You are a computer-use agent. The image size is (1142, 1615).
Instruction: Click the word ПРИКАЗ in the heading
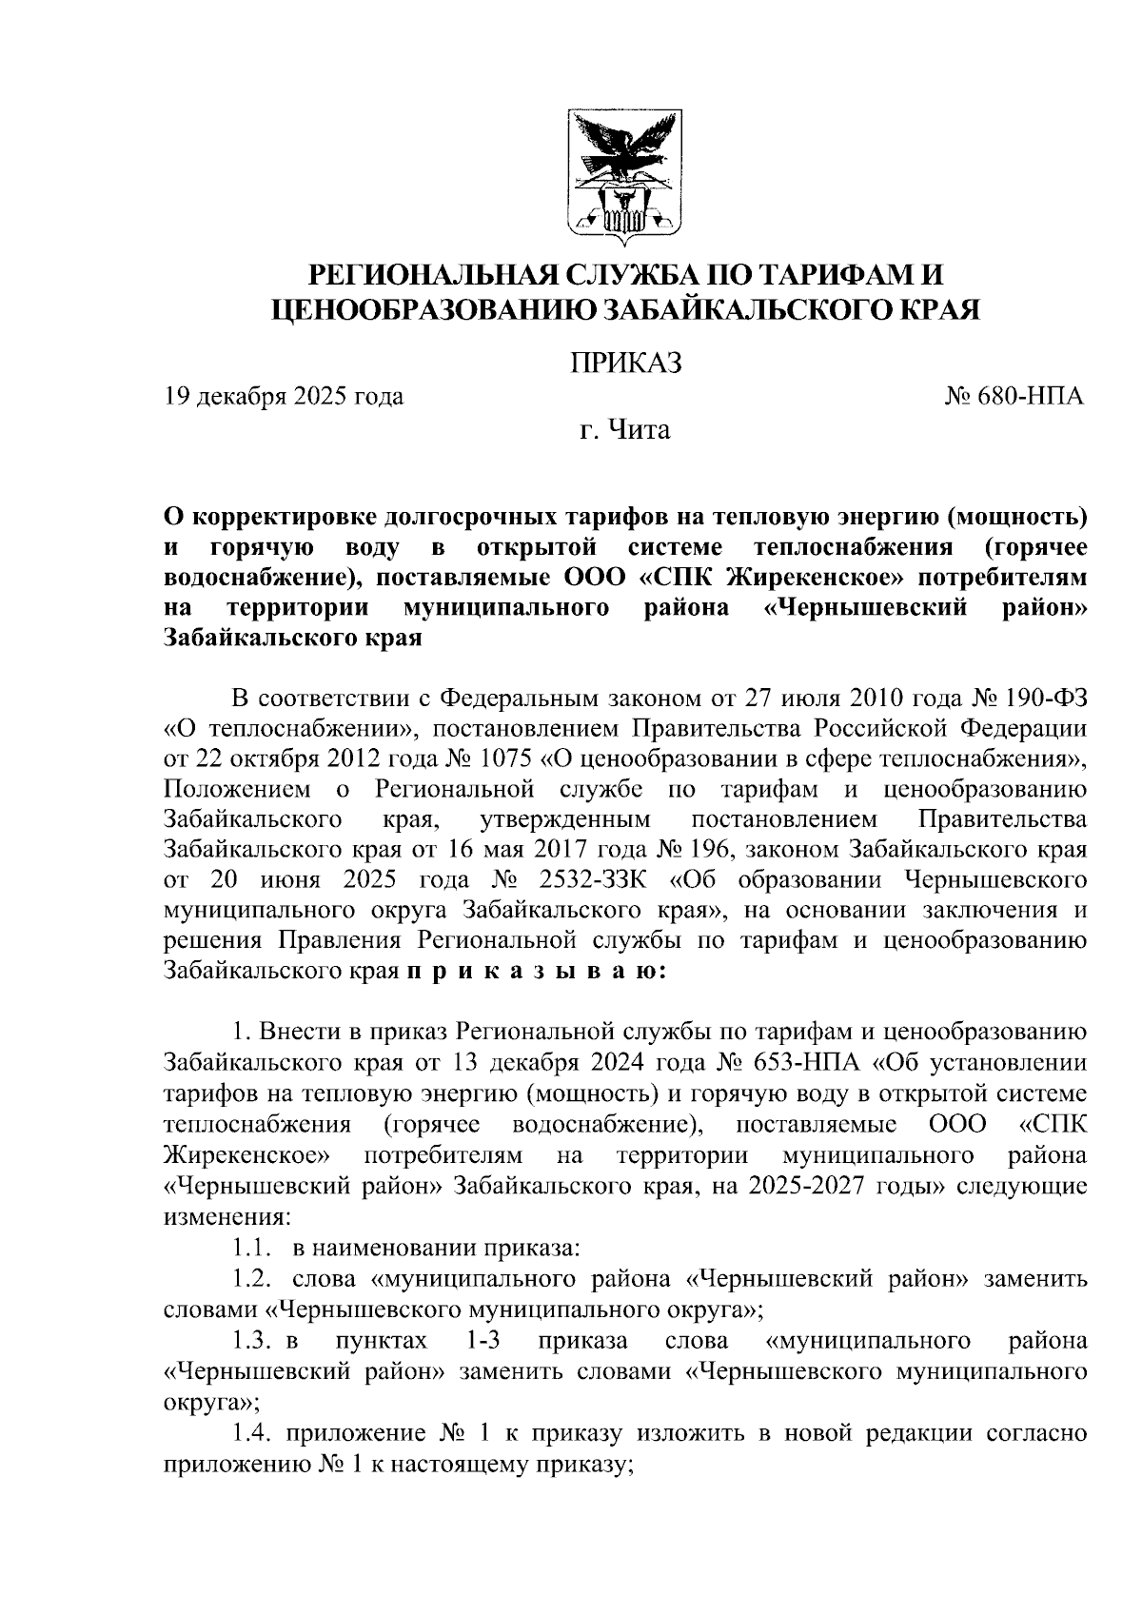pyautogui.click(x=625, y=363)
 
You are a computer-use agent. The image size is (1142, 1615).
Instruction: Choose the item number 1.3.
pyautogui.click(x=249, y=1341)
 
